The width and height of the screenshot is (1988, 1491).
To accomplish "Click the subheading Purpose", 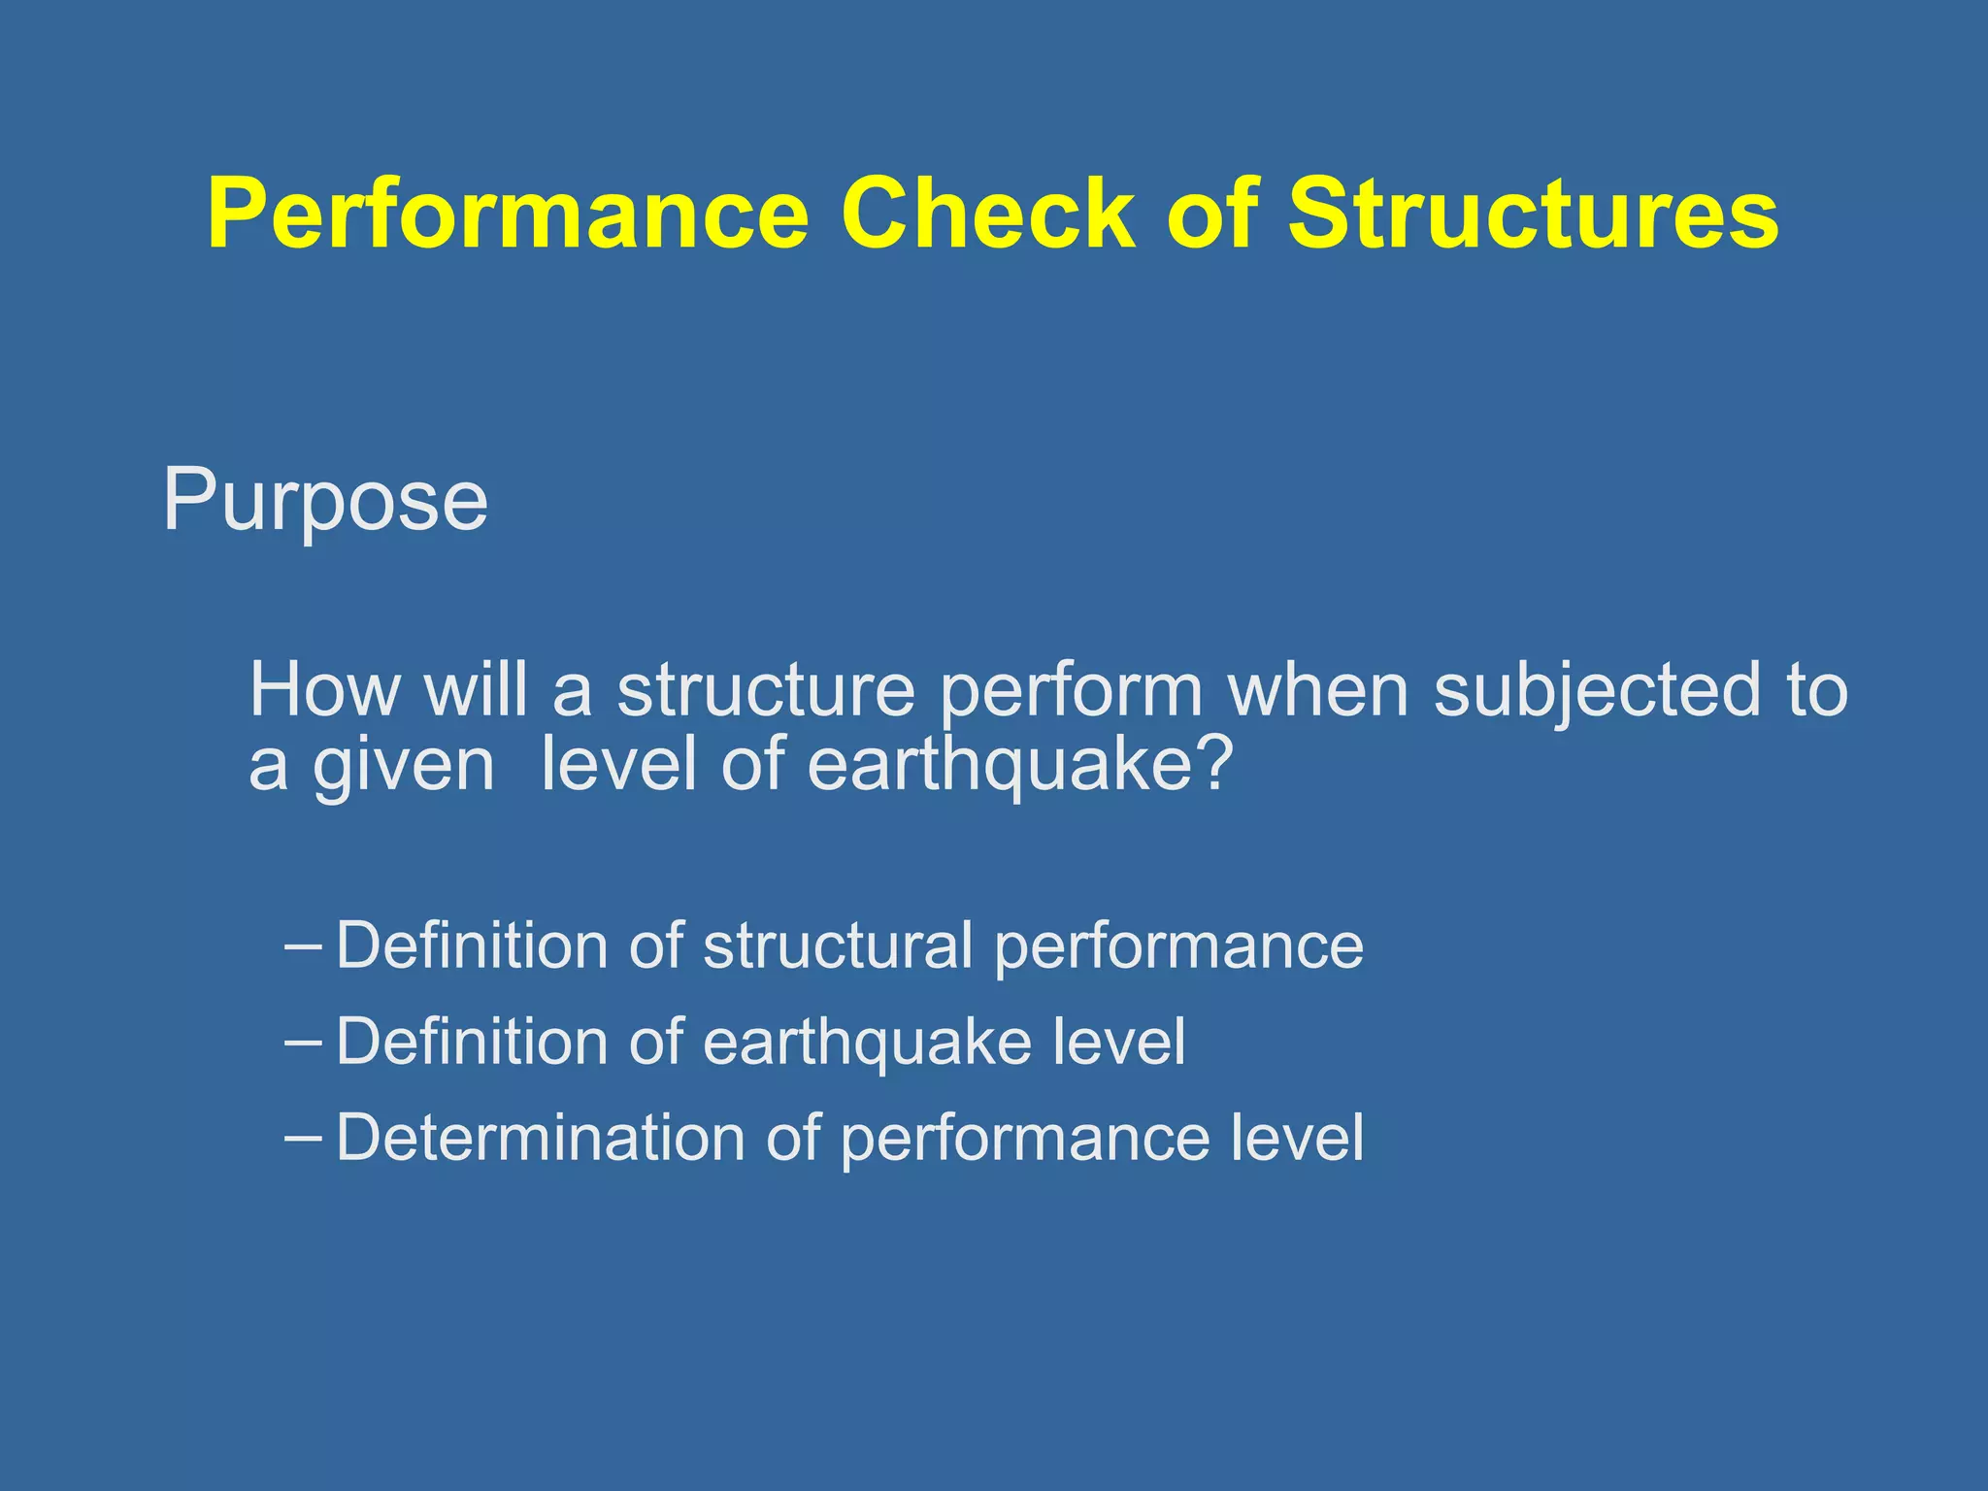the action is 325,501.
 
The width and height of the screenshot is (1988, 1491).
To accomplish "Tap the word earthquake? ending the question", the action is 1019,765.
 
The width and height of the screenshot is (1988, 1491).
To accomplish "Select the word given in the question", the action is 403,767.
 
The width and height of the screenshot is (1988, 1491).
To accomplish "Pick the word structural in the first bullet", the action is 837,945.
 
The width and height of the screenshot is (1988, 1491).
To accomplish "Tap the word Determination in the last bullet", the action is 540,1138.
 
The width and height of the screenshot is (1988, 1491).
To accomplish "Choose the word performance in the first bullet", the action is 1178,947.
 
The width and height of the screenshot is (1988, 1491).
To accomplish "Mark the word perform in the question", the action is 1072,691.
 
